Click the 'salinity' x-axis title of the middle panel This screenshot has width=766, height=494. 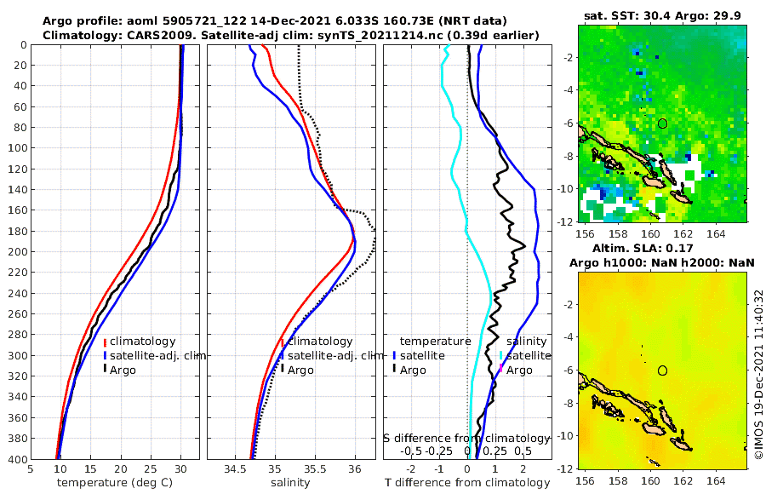coord(290,483)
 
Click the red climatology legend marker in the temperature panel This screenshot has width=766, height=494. coord(105,342)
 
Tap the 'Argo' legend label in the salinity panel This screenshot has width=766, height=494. coord(300,370)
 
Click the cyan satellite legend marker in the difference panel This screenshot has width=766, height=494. coord(501,356)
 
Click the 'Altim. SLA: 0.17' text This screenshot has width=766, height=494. coord(661,247)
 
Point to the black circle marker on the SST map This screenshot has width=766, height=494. coord(662,123)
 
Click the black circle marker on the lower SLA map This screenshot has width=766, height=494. coord(662,370)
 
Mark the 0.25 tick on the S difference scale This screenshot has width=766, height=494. coord(495,451)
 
